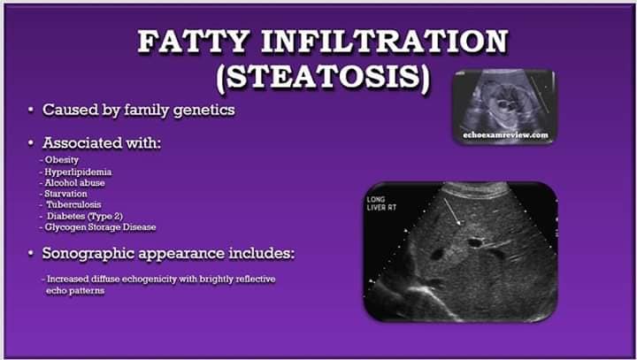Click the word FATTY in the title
(194, 42)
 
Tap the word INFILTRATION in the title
(385, 42)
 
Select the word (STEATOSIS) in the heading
(323, 78)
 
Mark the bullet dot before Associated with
(31, 143)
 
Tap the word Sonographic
(88, 254)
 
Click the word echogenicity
(150, 280)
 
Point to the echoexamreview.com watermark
(505, 135)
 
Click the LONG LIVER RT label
(381, 203)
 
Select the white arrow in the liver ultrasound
(453, 211)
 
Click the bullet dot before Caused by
(31, 110)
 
